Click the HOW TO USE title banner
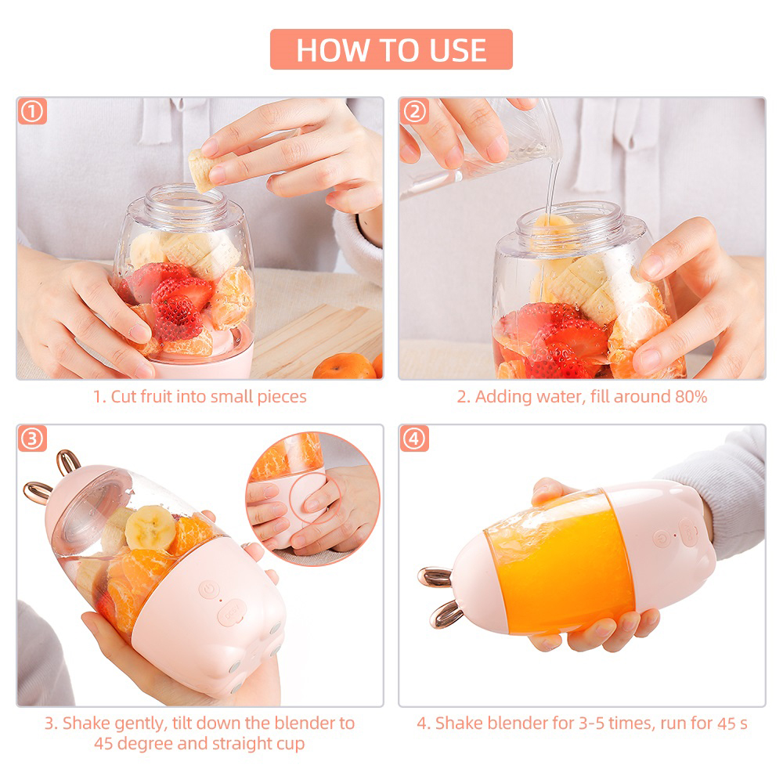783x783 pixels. pyautogui.click(x=391, y=49)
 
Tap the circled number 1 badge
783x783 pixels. pyautogui.click(x=32, y=111)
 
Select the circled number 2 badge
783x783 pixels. pyautogui.click(x=414, y=111)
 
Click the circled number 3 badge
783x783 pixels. pyautogui.click(x=32, y=438)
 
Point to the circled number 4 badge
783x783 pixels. pyautogui.click(x=414, y=438)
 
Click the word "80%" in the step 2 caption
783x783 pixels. pyautogui.click(x=691, y=396)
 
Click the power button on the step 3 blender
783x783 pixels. pyautogui.click(x=209, y=590)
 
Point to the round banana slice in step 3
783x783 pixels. pyautogui.click(x=150, y=527)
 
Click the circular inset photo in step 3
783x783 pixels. pyautogui.click(x=313, y=498)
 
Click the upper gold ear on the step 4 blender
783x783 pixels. pyautogui.click(x=435, y=577)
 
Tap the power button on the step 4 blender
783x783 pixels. pyautogui.click(x=662, y=539)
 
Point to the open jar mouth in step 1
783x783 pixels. pyautogui.click(x=186, y=199)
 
